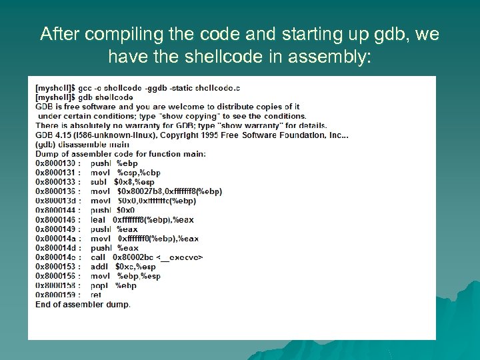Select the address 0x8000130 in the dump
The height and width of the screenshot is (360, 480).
pos(56,163)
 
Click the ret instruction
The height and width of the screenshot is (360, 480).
pos(96,295)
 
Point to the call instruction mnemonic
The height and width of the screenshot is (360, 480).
pos(97,257)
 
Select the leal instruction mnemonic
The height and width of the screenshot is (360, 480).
pos(98,219)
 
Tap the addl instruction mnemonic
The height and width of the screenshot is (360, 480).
pos(99,267)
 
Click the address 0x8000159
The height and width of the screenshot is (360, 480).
pos(56,295)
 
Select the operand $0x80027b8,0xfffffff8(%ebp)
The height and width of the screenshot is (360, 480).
pos(169,191)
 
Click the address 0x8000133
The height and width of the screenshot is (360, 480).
pos(56,182)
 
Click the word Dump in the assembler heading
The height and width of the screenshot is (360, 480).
pos(46,154)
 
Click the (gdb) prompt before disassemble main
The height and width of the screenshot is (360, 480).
pos(45,145)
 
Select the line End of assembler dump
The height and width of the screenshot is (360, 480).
pos(83,304)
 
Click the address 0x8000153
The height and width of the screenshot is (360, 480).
pos(56,267)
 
